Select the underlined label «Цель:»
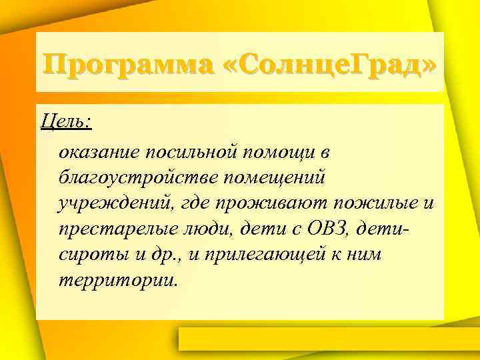pos(66,122)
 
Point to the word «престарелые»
pos(113,229)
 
